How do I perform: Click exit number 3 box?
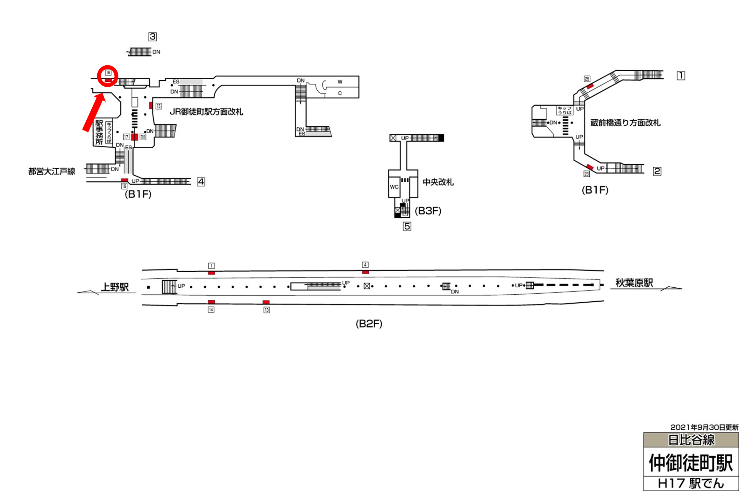(x=153, y=37)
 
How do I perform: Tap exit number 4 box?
(x=201, y=182)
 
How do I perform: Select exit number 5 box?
(x=407, y=226)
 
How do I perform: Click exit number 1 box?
(x=681, y=76)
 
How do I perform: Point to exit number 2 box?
(x=657, y=171)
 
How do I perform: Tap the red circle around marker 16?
(x=108, y=76)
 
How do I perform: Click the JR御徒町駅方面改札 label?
(x=206, y=112)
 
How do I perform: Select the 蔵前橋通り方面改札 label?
(x=625, y=123)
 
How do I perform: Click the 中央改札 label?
(x=438, y=182)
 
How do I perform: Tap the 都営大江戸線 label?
(x=52, y=172)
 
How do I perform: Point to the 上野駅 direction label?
(x=115, y=287)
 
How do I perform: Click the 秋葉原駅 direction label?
(x=634, y=283)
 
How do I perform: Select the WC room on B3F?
(x=394, y=187)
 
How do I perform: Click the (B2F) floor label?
(x=369, y=324)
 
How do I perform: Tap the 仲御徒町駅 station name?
(x=691, y=463)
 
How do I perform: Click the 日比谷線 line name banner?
(x=691, y=440)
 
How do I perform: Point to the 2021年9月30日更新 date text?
(x=704, y=427)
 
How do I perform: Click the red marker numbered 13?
(x=266, y=302)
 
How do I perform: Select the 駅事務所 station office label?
(x=99, y=132)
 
